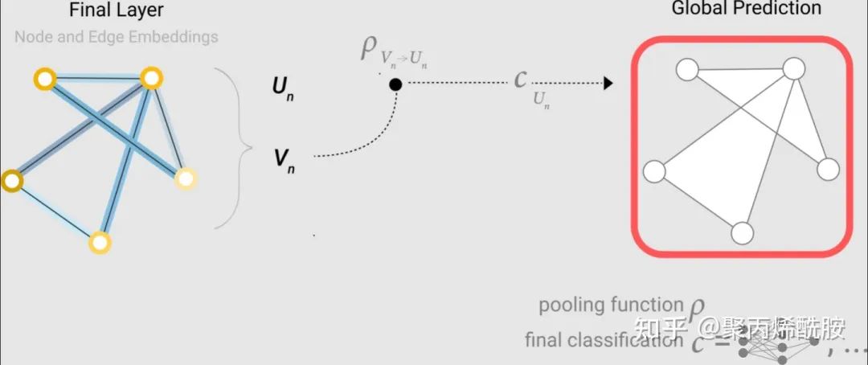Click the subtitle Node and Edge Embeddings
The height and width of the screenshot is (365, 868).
click(x=117, y=37)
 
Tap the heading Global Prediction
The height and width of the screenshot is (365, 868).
click(x=747, y=10)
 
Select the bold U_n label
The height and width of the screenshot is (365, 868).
click(x=283, y=86)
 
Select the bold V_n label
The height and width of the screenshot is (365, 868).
click(x=284, y=158)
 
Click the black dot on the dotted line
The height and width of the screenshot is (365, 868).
click(x=395, y=84)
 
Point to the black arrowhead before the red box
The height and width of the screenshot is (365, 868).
click(x=608, y=83)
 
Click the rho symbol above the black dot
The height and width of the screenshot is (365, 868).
click(x=369, y=48)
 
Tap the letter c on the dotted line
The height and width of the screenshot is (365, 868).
click(x=521, y=80)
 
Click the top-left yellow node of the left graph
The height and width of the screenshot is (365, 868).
click(x=43, y=79)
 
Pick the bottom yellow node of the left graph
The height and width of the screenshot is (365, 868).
click(x=99, y=241)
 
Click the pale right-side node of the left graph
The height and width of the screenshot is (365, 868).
click(x=185, y=178)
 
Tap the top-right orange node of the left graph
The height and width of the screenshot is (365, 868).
click(x=151, y=78)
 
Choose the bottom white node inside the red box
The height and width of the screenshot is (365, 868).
click(x=743, y=233)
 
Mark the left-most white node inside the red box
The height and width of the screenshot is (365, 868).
click(x=655, y=171)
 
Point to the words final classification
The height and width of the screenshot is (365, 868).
click(x=604, y=340)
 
